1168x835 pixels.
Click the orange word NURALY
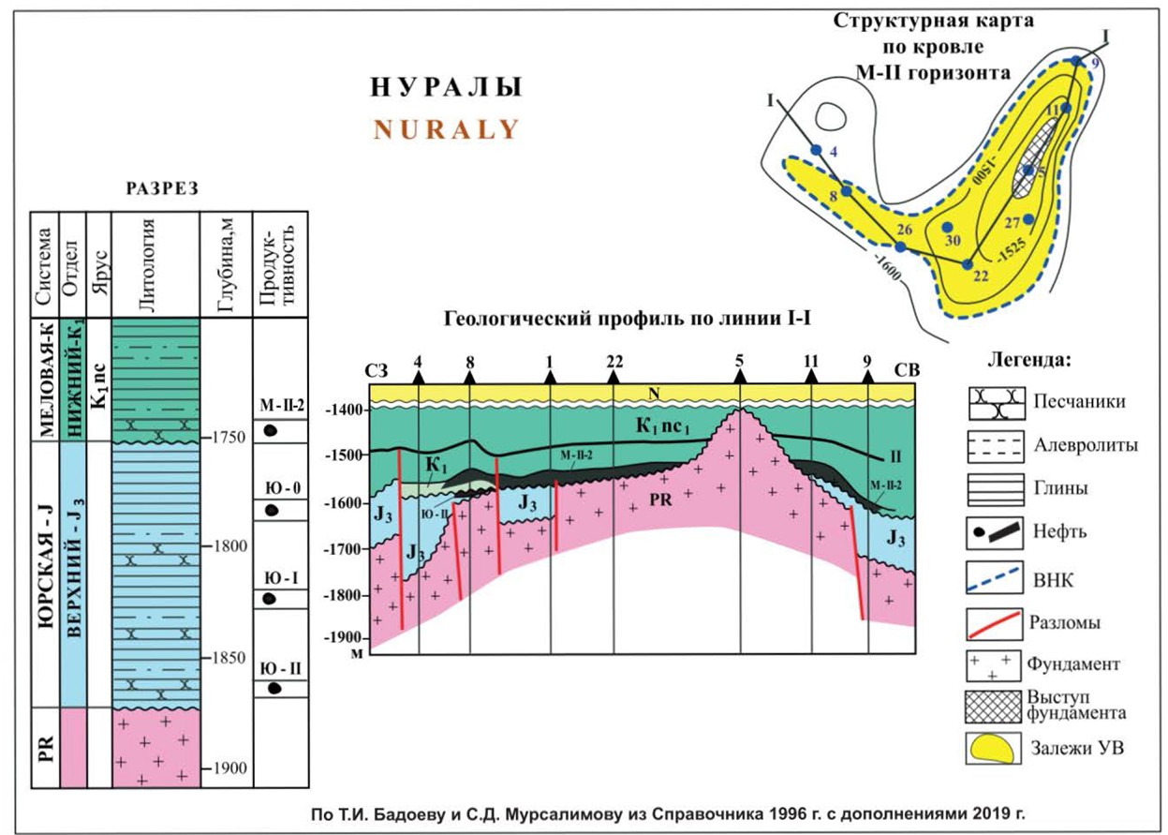(x=446, y=129)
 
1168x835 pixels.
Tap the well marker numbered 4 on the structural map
(x=816, y=150)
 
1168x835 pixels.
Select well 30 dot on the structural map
(x=946, y=228)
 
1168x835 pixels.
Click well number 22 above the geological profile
(x=614, y=361)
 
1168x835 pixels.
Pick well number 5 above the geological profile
(x=740, y=361)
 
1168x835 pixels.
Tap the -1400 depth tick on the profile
(x=342, y=410)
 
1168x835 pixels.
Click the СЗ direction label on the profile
(x=377, y=369)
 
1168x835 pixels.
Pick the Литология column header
(x=155, y=263)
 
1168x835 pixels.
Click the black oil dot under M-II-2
(x=271, y=431)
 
